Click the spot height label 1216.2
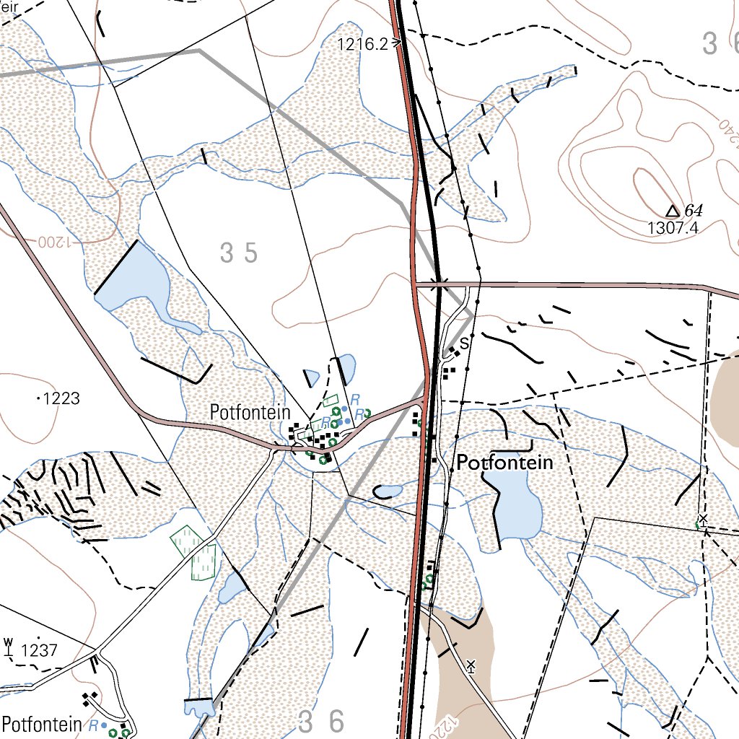[362, 44]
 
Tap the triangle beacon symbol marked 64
[672, 211]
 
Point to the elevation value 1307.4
[673, 228]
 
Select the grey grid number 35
[239, 253]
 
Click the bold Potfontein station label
[505, 463]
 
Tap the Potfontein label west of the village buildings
[250, 413]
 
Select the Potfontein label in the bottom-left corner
[41, 723]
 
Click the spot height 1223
[61, 398]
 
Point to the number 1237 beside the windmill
[39, 650]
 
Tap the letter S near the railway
[464, 344]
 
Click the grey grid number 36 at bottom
[322, 720]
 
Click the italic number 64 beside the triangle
[693, 211]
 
